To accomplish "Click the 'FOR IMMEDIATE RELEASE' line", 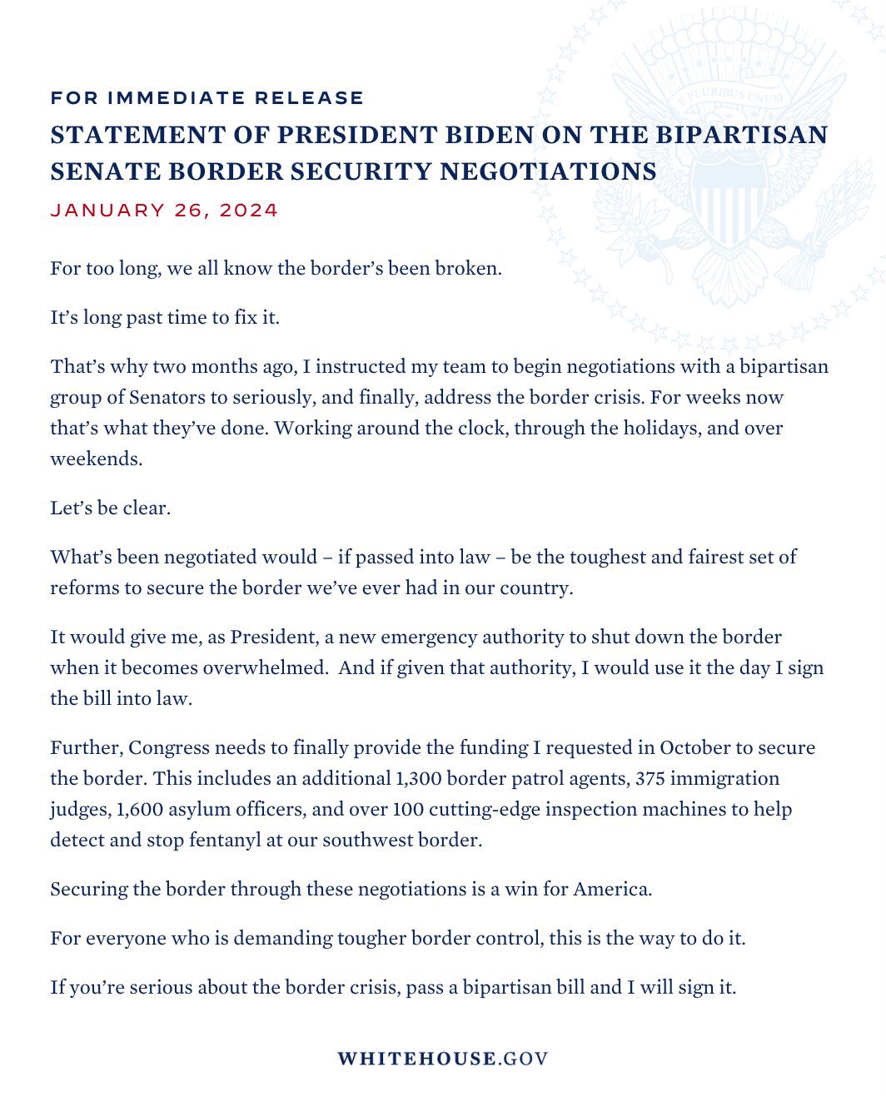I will click(x=207, y=98).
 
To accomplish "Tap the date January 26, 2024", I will click(x=164, y=211).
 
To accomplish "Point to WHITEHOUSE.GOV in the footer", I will click(x=442, y=1059).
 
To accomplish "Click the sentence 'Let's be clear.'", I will click(x=110, y=508).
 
